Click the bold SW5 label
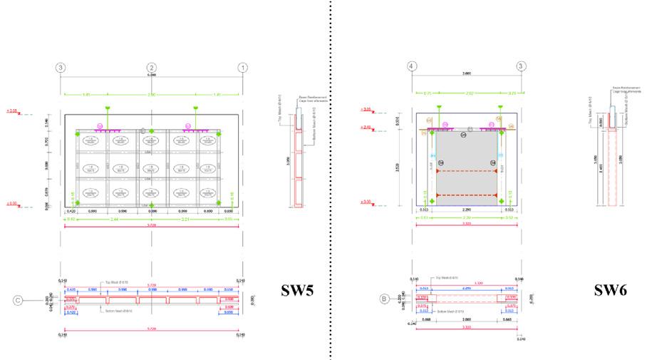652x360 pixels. (299, 291)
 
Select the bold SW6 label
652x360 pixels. (612, 291)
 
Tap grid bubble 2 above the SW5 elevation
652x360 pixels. (152, 68)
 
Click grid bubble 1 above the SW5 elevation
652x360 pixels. (243, 68)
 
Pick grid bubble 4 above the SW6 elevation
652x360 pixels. (412, 67)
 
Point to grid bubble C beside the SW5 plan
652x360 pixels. (19, 299)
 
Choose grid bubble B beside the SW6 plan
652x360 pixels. (385, 299)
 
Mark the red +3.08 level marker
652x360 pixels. (11, 111)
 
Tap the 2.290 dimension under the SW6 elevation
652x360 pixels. (467, 210)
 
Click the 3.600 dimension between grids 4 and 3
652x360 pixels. (467, 73)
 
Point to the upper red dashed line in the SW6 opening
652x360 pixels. (467, 171)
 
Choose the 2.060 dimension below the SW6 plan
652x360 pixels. (467, 320)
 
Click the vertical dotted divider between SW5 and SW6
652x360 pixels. (331, 178)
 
